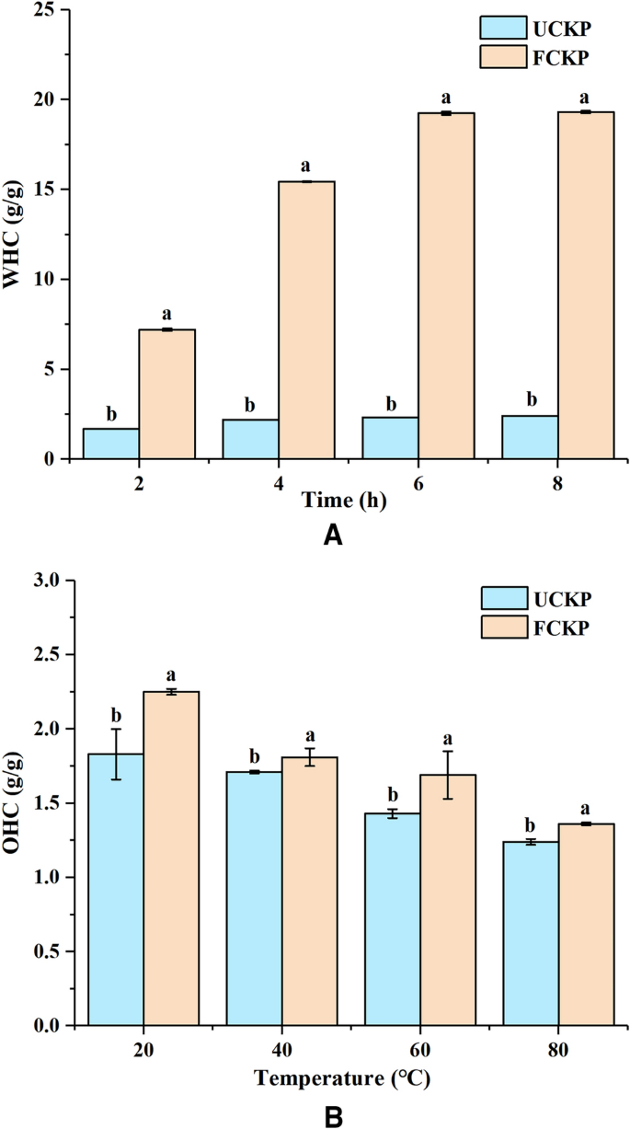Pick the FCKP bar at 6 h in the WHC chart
(446, 285)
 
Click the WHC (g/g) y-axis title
(14, 234)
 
